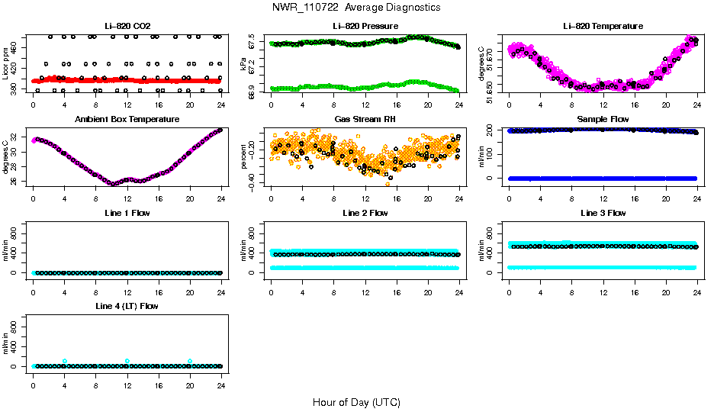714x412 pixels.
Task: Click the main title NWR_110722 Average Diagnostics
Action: pos(355,8)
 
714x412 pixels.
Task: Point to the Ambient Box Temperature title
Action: pos(127,120)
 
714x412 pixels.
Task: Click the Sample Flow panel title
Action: pos(603,120)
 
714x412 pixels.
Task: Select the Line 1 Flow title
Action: pos(127,213)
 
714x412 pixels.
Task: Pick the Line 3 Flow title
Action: pos(603,213)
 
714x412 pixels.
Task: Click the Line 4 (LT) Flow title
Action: pos(127,306)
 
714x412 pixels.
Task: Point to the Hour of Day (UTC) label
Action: pos(356,402)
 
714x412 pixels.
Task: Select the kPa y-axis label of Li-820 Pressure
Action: pos(243,64)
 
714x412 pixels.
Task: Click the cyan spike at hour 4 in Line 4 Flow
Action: pos(65,361)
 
